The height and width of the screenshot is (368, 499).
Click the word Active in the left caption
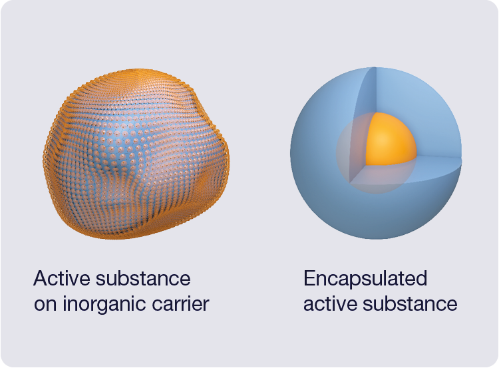[x=59, y=278]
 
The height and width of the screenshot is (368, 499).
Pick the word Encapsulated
[x=365, y=278]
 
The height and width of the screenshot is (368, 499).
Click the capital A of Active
[x=41, y=278]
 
